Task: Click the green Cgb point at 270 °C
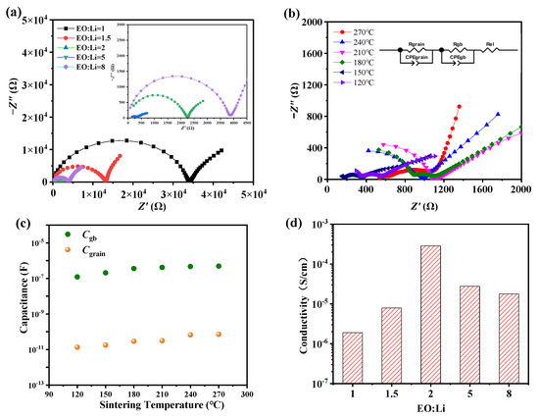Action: click(x=219, y=266)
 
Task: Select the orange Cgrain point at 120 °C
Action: click(x=76, y=347)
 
